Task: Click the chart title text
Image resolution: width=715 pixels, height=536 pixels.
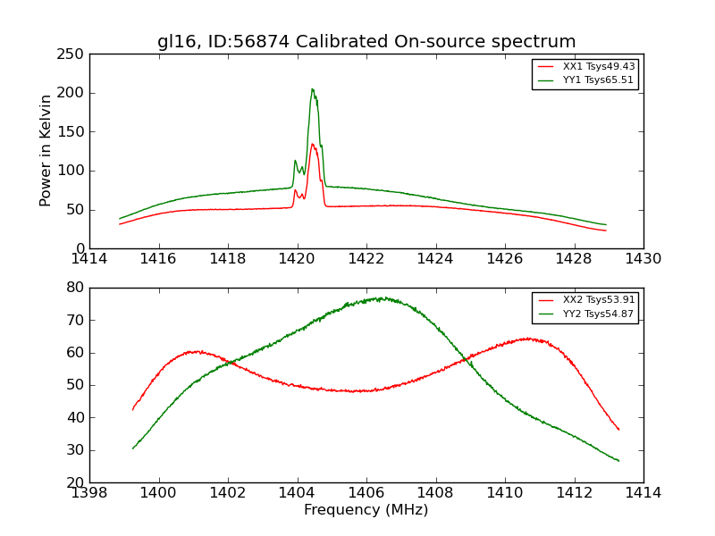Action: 366,42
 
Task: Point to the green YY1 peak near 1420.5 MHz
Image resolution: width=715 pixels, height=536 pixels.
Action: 312,89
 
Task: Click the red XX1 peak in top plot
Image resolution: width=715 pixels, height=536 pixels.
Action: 312,144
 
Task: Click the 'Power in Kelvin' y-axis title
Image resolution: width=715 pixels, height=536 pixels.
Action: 46,150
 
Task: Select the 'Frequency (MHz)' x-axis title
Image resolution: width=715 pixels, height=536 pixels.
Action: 366,510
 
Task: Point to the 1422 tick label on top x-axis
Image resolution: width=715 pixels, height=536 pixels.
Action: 366,259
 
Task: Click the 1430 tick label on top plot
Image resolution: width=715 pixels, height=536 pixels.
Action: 643,259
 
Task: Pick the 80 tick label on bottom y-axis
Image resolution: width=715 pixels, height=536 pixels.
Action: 76,288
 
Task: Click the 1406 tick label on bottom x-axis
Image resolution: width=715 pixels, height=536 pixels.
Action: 366,492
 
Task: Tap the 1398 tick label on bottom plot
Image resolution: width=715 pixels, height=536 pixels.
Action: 89,492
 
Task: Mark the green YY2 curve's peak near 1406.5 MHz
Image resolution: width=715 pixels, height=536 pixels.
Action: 381,298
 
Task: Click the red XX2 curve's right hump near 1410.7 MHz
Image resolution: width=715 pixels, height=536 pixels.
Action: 528,339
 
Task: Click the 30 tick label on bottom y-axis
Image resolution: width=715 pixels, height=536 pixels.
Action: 76,450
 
